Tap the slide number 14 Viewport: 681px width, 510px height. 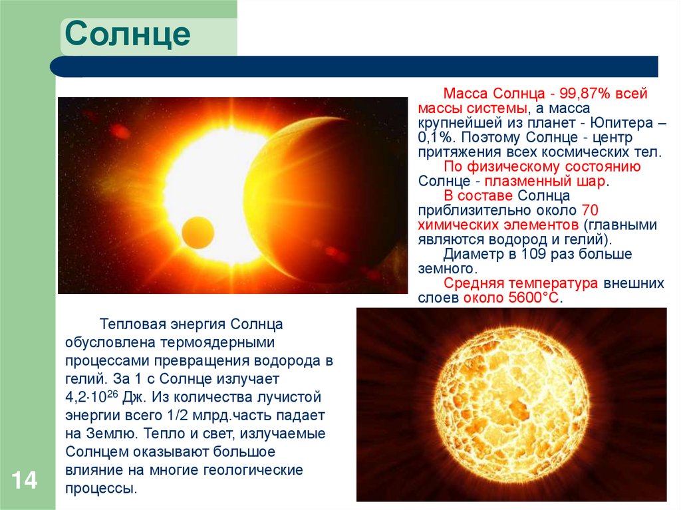pos(24,481)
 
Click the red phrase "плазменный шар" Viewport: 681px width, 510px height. pos(545,181)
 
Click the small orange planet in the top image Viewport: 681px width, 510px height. pos(198,232)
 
